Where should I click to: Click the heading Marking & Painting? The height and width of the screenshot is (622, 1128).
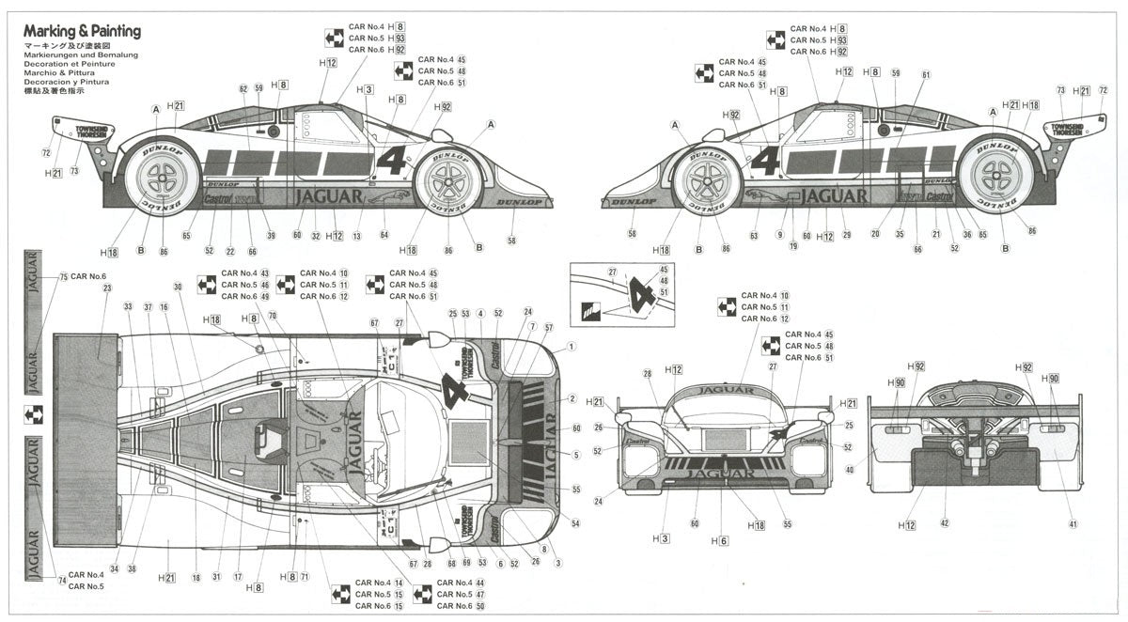[x=83, y=31]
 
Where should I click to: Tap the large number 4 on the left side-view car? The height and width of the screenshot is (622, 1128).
[x=392, y=160]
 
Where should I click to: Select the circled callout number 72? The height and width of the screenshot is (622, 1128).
[x=45, y=152]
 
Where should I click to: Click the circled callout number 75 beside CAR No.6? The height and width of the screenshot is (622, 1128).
[x=63, y=277]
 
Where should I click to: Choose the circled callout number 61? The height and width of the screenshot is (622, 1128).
[x=925, y=75]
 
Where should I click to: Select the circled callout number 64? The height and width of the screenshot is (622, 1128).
[x=384, y=235]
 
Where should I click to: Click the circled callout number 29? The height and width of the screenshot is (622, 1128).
[x=846, y=235]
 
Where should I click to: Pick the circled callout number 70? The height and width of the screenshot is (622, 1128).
[x=273, y=317]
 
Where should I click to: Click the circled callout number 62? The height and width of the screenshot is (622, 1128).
[x=243, y=88]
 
